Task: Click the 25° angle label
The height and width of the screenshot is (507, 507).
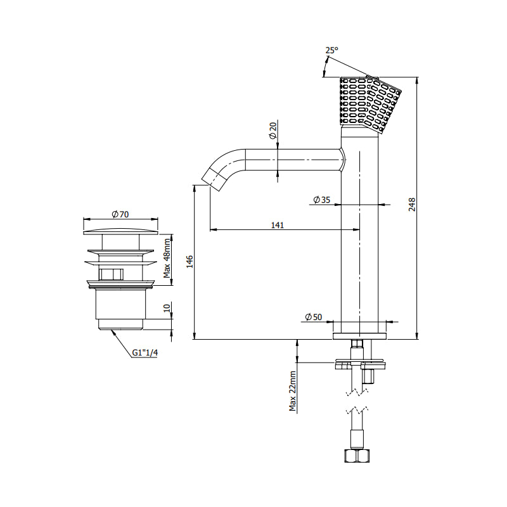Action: coord(331,51)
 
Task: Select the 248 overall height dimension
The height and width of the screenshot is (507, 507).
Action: coord(412,205)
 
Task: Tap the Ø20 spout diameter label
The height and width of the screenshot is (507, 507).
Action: coord(273,131)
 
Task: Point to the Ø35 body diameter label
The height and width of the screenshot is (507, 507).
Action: coord(322,200)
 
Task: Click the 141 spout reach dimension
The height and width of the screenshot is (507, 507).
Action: coord(278,225)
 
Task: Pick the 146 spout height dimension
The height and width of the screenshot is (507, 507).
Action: coord(189,262)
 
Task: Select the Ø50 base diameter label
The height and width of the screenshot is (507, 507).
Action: coord(313,317)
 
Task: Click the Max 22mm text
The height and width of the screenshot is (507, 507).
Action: coord(293,391)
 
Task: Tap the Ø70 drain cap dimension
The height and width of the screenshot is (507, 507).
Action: coord(120,214)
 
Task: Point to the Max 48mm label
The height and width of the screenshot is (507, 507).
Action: coord(167,259)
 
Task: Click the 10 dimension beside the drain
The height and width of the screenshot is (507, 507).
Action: coord(167,308)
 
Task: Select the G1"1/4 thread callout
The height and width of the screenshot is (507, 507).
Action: coord(145,352)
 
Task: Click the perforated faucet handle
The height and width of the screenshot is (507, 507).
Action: coord(370,103)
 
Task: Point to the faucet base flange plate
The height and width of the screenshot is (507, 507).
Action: coord(359,336)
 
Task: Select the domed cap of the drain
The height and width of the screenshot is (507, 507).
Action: coord(121,231)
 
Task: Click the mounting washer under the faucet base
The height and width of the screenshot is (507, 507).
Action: coord(359,359)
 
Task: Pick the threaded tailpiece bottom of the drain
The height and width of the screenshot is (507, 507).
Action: coord(120,324)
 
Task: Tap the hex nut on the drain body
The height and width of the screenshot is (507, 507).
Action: coord(111,274)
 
